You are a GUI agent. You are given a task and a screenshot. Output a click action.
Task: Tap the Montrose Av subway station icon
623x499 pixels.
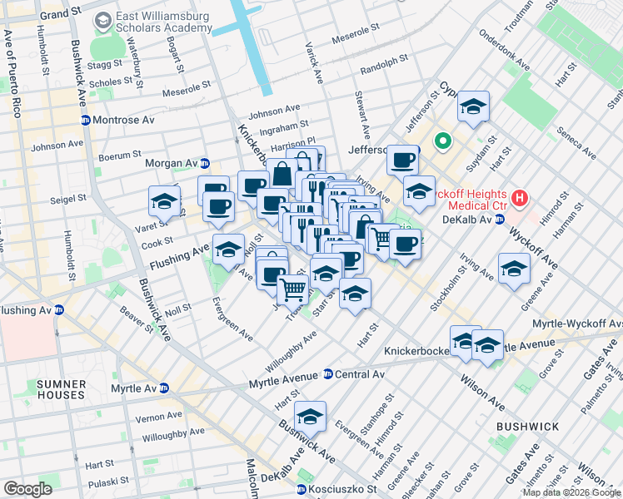(86, 120)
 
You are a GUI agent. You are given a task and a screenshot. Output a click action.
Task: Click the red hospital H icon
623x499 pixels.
(520, 199)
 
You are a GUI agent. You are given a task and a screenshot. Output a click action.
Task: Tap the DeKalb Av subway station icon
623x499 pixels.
(500, 220)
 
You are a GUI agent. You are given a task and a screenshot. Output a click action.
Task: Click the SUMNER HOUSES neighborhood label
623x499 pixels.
(57, 391)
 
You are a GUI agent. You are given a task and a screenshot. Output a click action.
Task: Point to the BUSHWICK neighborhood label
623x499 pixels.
(527, 427)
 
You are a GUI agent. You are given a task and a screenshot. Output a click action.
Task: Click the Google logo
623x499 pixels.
(27, 489)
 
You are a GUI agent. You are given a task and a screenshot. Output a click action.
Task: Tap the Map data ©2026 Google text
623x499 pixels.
(571, 492)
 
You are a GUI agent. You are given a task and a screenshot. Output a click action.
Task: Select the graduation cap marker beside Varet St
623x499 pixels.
(165, 201)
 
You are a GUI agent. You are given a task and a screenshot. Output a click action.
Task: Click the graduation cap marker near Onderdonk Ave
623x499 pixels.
(473, 106)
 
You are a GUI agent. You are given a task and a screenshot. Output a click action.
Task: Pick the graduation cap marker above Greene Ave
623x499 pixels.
(514, 269)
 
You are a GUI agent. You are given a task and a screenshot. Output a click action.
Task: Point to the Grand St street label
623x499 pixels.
(65, 15)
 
